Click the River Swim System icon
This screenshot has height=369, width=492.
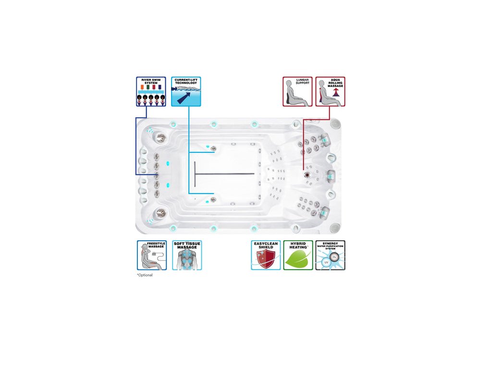pos(151,91)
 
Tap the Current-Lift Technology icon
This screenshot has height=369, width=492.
pos(186,91)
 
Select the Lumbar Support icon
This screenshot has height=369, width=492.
pos(297,91)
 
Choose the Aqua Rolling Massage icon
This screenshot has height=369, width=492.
pos(331,91)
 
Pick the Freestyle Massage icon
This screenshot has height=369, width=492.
pos(152,255)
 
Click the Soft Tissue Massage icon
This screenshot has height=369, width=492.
pos(187,255)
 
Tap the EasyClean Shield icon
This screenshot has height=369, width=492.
pos(266,255)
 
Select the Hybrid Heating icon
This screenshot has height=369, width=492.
pos(298,255)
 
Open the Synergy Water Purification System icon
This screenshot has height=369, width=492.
pos(331,255)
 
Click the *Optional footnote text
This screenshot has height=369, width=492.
pos(145,275)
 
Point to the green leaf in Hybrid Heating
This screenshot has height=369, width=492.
pos(298,259)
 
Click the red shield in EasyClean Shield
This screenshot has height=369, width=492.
pos(265,259)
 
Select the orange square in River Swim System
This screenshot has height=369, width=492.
pos(142,87)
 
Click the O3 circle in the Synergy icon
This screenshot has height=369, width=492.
pos(335,257)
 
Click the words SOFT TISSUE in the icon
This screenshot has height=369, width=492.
pos(187,244)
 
